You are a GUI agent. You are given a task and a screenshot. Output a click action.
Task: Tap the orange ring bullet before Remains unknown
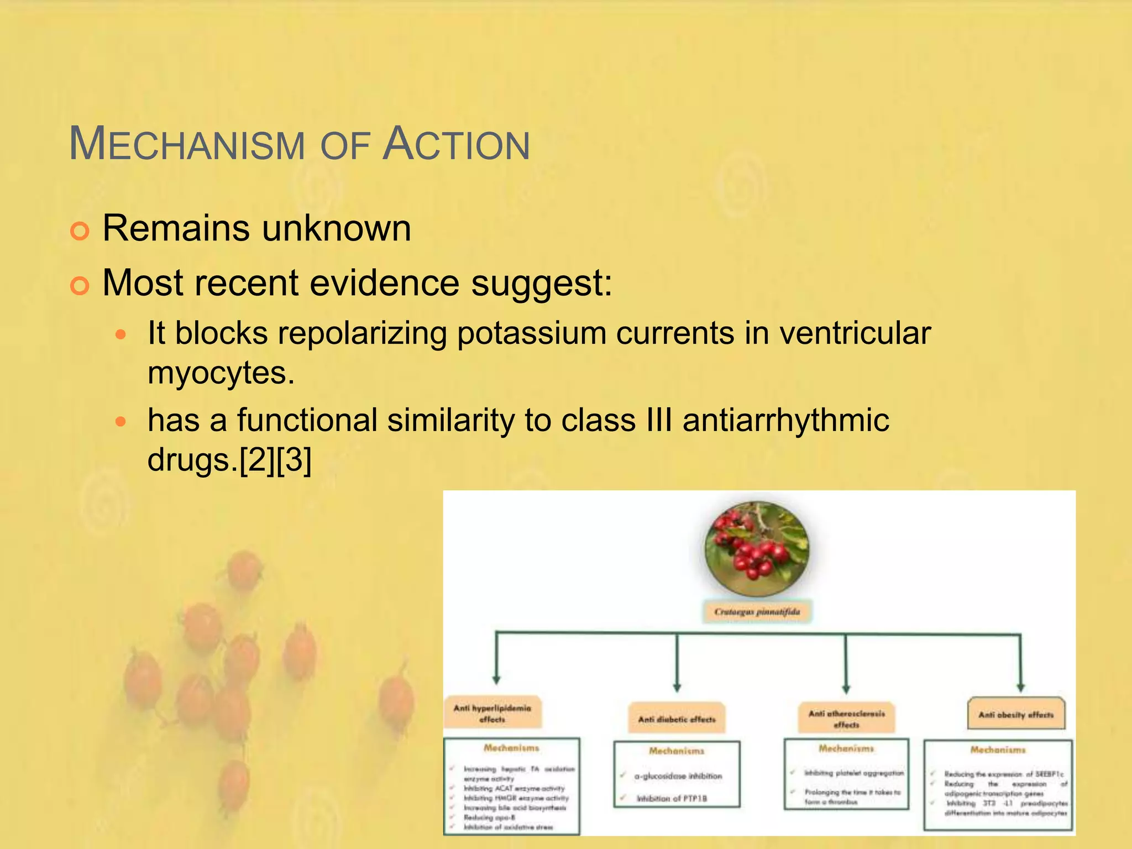80,231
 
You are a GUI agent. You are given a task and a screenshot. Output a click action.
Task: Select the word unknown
337,228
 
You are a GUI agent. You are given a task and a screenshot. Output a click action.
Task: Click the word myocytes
221,373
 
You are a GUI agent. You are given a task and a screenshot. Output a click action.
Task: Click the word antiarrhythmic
785,420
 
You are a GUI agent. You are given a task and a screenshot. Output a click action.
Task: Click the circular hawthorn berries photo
757,549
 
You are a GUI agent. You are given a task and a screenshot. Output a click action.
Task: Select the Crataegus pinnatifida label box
757,612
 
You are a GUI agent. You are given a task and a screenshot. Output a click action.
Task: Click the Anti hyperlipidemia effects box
492,713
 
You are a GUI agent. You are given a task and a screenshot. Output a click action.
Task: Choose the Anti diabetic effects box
677,719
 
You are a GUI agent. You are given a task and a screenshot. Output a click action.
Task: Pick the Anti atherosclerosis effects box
846,719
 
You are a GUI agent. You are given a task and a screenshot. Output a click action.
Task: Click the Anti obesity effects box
1016,715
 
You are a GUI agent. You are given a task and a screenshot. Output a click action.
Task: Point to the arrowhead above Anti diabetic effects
677,687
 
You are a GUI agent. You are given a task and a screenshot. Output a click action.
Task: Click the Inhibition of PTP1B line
672,799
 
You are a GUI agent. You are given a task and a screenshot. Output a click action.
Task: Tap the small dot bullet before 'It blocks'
121,335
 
